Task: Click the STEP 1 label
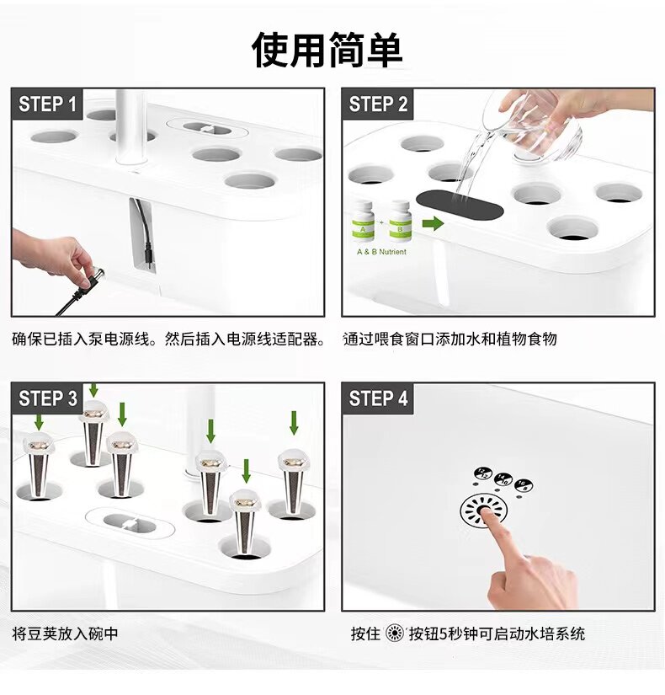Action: point(47,104)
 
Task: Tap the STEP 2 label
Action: point(378,104)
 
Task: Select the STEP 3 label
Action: point(48,398)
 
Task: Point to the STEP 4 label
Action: point(378,398)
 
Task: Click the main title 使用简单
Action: point(327,50)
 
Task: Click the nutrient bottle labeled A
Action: point(363,222)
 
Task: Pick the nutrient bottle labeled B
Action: point(400,222)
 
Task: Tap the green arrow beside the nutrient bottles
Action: point(433,223)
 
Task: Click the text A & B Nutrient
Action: point(381,252)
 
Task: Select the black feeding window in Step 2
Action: point(460,206)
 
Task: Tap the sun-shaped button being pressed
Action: point(483,511)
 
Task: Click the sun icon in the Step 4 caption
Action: point(394,633)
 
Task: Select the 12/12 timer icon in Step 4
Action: point(483,473)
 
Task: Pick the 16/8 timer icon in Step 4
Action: point(524,485)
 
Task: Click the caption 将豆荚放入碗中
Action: point(65,634)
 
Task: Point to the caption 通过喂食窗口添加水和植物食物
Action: point(450,339)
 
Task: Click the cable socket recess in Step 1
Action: point(142,234)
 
